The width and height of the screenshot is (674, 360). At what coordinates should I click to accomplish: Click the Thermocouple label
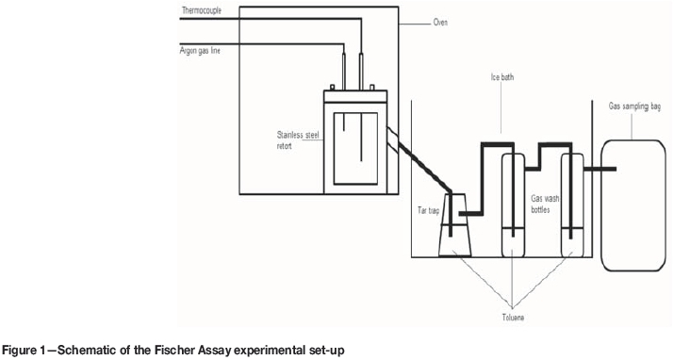point(201,10)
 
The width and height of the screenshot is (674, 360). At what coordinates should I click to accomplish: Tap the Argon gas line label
point(200,51)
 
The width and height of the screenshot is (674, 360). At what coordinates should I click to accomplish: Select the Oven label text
point(440,22)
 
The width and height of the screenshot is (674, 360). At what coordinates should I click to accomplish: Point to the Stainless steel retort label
point(298,140)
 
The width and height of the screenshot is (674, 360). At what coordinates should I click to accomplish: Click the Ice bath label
point(502,77)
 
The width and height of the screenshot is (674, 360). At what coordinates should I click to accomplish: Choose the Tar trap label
point(429,210)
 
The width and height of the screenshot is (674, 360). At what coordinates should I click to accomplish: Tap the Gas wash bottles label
point(545,205)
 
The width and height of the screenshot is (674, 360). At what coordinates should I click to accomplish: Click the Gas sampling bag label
point(634,106)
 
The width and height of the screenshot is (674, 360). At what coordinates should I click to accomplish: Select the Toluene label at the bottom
point(513,318)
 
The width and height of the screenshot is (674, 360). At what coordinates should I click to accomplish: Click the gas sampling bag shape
point(633,205)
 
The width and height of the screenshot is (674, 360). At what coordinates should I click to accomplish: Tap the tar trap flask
point(455,225)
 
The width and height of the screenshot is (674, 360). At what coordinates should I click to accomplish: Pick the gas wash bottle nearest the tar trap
point(513,205)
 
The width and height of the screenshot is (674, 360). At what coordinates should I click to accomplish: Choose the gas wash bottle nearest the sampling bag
point(572,205)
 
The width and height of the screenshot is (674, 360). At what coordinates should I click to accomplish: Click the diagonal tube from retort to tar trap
point(419,160)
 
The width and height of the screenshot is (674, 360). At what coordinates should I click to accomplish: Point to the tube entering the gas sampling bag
point(600,169)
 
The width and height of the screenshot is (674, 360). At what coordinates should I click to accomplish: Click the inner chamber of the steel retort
point(355,149)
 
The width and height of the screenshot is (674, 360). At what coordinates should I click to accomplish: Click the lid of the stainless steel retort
point(355,96)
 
